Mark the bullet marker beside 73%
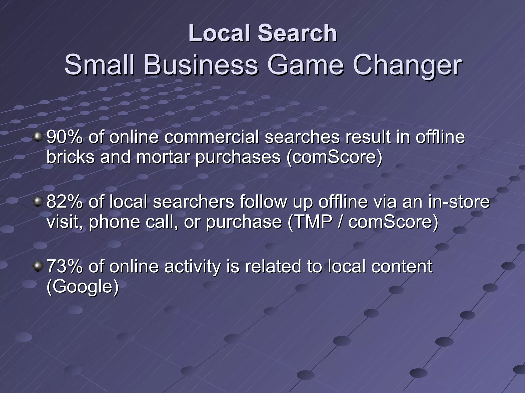[x=38, y=266]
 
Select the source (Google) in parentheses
[x=83, y=286]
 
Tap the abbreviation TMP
[x=311, y=222]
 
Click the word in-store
[x=458, y=202]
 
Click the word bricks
[x=70, y=157]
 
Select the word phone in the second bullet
[x=115, y=222]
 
